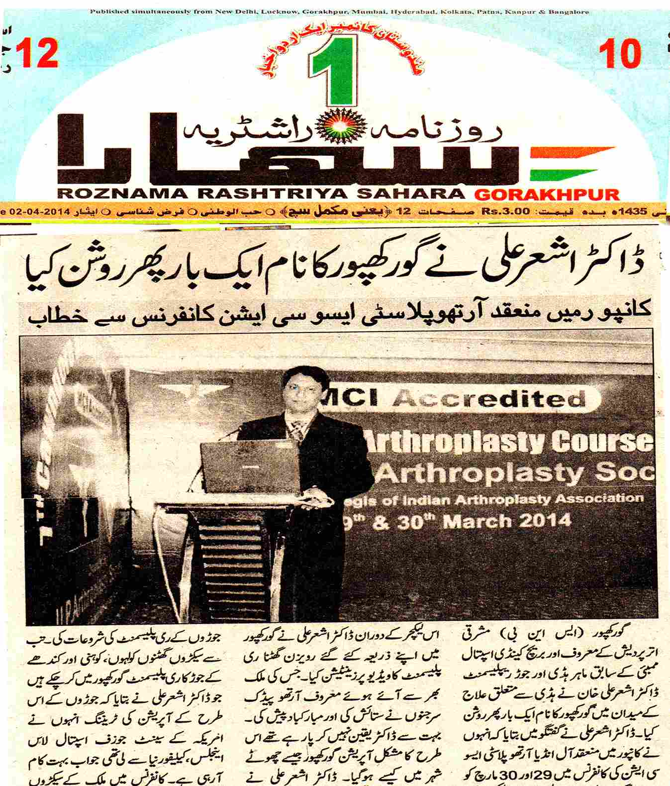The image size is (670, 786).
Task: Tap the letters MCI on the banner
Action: [348, 398]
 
